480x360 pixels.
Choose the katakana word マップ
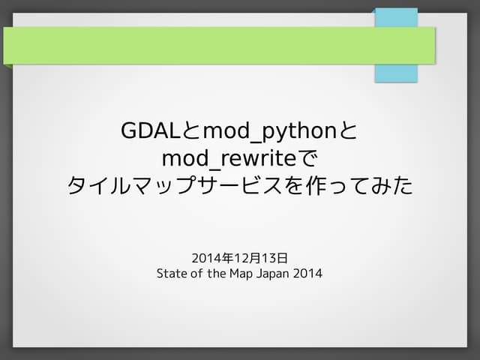[178, 185]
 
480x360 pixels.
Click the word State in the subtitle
[170, 274]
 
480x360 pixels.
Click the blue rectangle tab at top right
[396, 73]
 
